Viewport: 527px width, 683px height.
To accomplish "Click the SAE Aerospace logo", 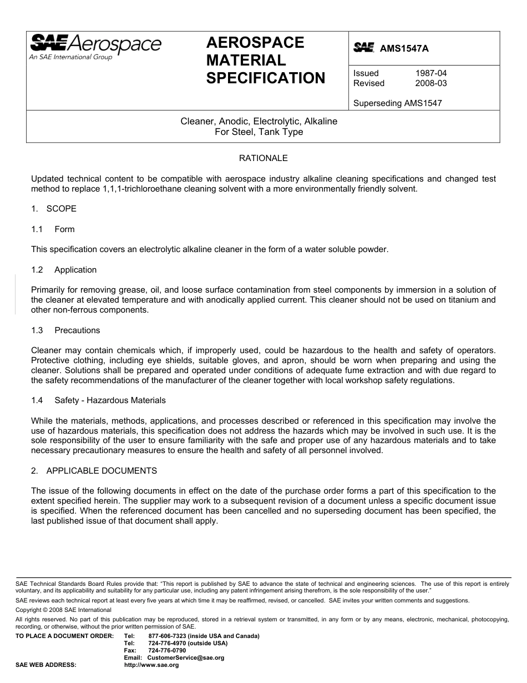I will pyautogui.click(x=95, y=46).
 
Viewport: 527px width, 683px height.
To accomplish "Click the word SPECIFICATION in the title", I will pyautogui.click(x=265, y=78).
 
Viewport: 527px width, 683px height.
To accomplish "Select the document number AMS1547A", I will pyautogui.click(x=404, y=48).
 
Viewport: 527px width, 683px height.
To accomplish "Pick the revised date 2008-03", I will pyautogui.click(x=431, y=83).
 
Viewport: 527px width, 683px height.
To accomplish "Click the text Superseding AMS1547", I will pyautogui.click(x=397, y=103).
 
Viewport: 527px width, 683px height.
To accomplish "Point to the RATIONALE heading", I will pyautogui.click(x=263, y=158).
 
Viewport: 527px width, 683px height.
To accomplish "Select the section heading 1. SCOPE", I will pyautogui.click(x=54, y=209).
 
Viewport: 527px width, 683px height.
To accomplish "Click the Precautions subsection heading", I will pyautogui.click(x=77, y=330).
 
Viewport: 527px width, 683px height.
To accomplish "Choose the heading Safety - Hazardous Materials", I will pyautogui.click(x=110, y=400).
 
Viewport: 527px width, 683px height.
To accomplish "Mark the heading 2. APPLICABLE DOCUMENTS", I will pyautogui.click(x=94, y=471).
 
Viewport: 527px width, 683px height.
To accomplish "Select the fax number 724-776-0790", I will pyautogui.click(x=167, y=650).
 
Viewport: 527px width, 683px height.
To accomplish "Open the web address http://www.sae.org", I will pyautogui.click(x=151, y=665).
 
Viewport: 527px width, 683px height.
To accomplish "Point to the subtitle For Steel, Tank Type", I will pyautogui.click(x=259, y=132).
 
